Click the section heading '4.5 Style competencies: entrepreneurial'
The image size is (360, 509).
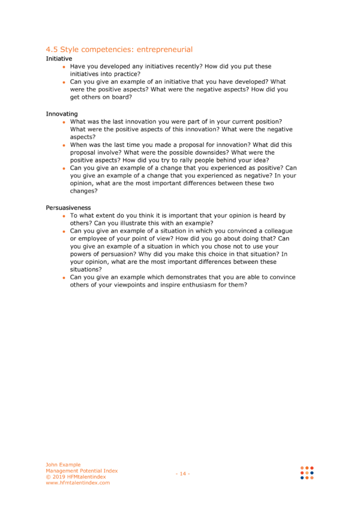tap(119, 49)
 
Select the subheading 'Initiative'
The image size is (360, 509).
tap(59, 59)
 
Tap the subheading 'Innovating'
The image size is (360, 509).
tap(61, 114)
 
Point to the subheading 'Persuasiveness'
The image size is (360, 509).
tap(68, 207)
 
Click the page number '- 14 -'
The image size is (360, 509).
tap(182, 474)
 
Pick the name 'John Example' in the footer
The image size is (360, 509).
tap(63, 465)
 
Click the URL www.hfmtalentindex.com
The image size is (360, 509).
tap(78, 483)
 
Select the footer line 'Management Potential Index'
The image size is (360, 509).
tap(82, 471)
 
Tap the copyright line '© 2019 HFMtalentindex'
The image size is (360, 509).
tap(76, 477)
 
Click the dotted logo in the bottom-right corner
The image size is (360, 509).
tap(307, 473)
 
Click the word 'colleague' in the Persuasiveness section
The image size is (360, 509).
tap(278, 231)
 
